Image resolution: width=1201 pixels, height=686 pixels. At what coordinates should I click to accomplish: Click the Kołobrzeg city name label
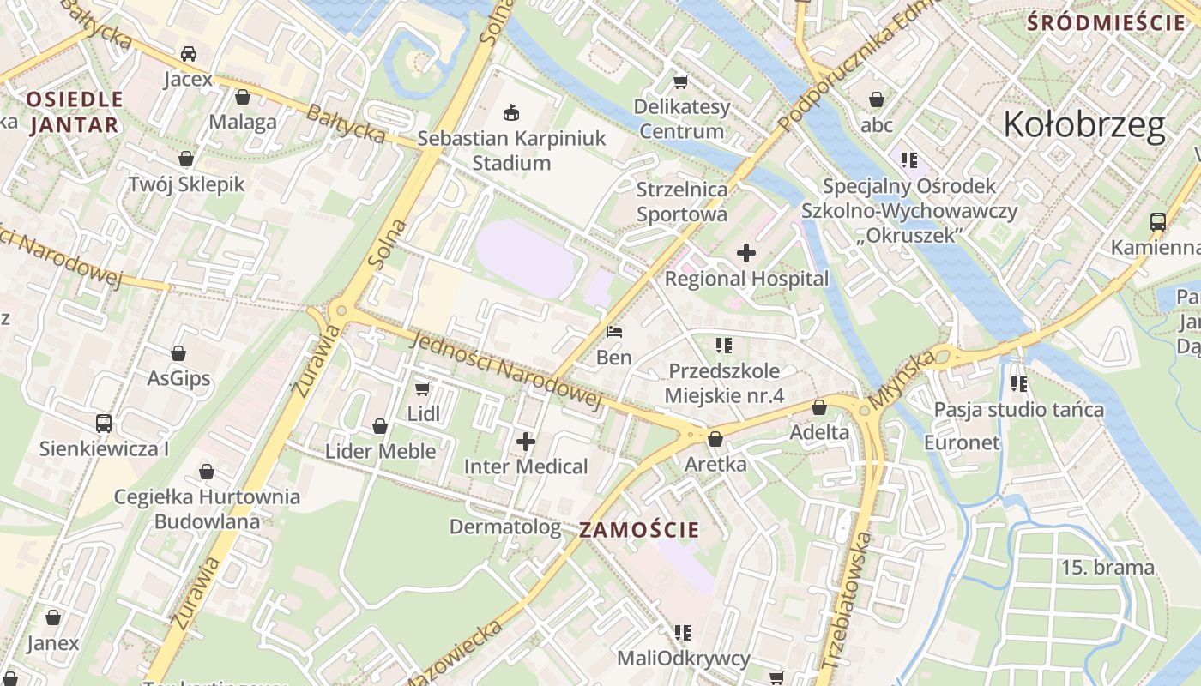tap(1083, 125)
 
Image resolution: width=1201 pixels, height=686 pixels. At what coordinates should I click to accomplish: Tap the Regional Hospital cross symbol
tap(746, 253)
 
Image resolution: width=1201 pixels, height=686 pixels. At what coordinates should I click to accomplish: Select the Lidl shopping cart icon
tap(422, 389)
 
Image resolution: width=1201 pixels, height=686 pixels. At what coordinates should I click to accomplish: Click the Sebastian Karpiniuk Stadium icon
tap(512, 112)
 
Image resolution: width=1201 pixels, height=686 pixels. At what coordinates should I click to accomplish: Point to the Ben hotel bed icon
tap(614, 332)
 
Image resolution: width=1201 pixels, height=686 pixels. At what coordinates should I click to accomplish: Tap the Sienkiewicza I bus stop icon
tap(104, 423)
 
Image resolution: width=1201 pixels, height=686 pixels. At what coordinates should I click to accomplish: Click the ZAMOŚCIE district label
tap(639, 530)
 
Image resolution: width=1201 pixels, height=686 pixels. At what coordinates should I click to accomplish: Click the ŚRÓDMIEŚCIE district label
tap(1106, 23)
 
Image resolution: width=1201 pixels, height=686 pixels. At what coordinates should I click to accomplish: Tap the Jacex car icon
tap(188, 54)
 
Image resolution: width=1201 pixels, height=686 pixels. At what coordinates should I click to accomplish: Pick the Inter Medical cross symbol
tap(526, 442)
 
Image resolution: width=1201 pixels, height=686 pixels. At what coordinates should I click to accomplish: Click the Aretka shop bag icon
tap(715, 439)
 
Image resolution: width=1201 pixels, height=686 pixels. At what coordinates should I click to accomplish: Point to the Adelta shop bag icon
tap(818, 407)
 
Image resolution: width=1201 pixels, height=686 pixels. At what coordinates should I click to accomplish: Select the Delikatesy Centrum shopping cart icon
tap(681, 81)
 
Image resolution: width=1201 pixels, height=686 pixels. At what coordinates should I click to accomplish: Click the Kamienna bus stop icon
tap(1157, 222)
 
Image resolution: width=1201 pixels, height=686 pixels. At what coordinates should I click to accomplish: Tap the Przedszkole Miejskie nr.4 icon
tap(724, 346)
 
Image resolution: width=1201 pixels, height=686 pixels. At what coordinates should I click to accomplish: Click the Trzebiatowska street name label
tap(847, 600)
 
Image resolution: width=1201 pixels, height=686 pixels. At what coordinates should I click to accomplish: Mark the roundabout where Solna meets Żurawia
tap(341, 310)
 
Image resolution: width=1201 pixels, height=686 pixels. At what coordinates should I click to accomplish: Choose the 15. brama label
tap(1107, 567)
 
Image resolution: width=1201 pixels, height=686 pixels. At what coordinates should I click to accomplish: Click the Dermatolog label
tap(505, 527)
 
